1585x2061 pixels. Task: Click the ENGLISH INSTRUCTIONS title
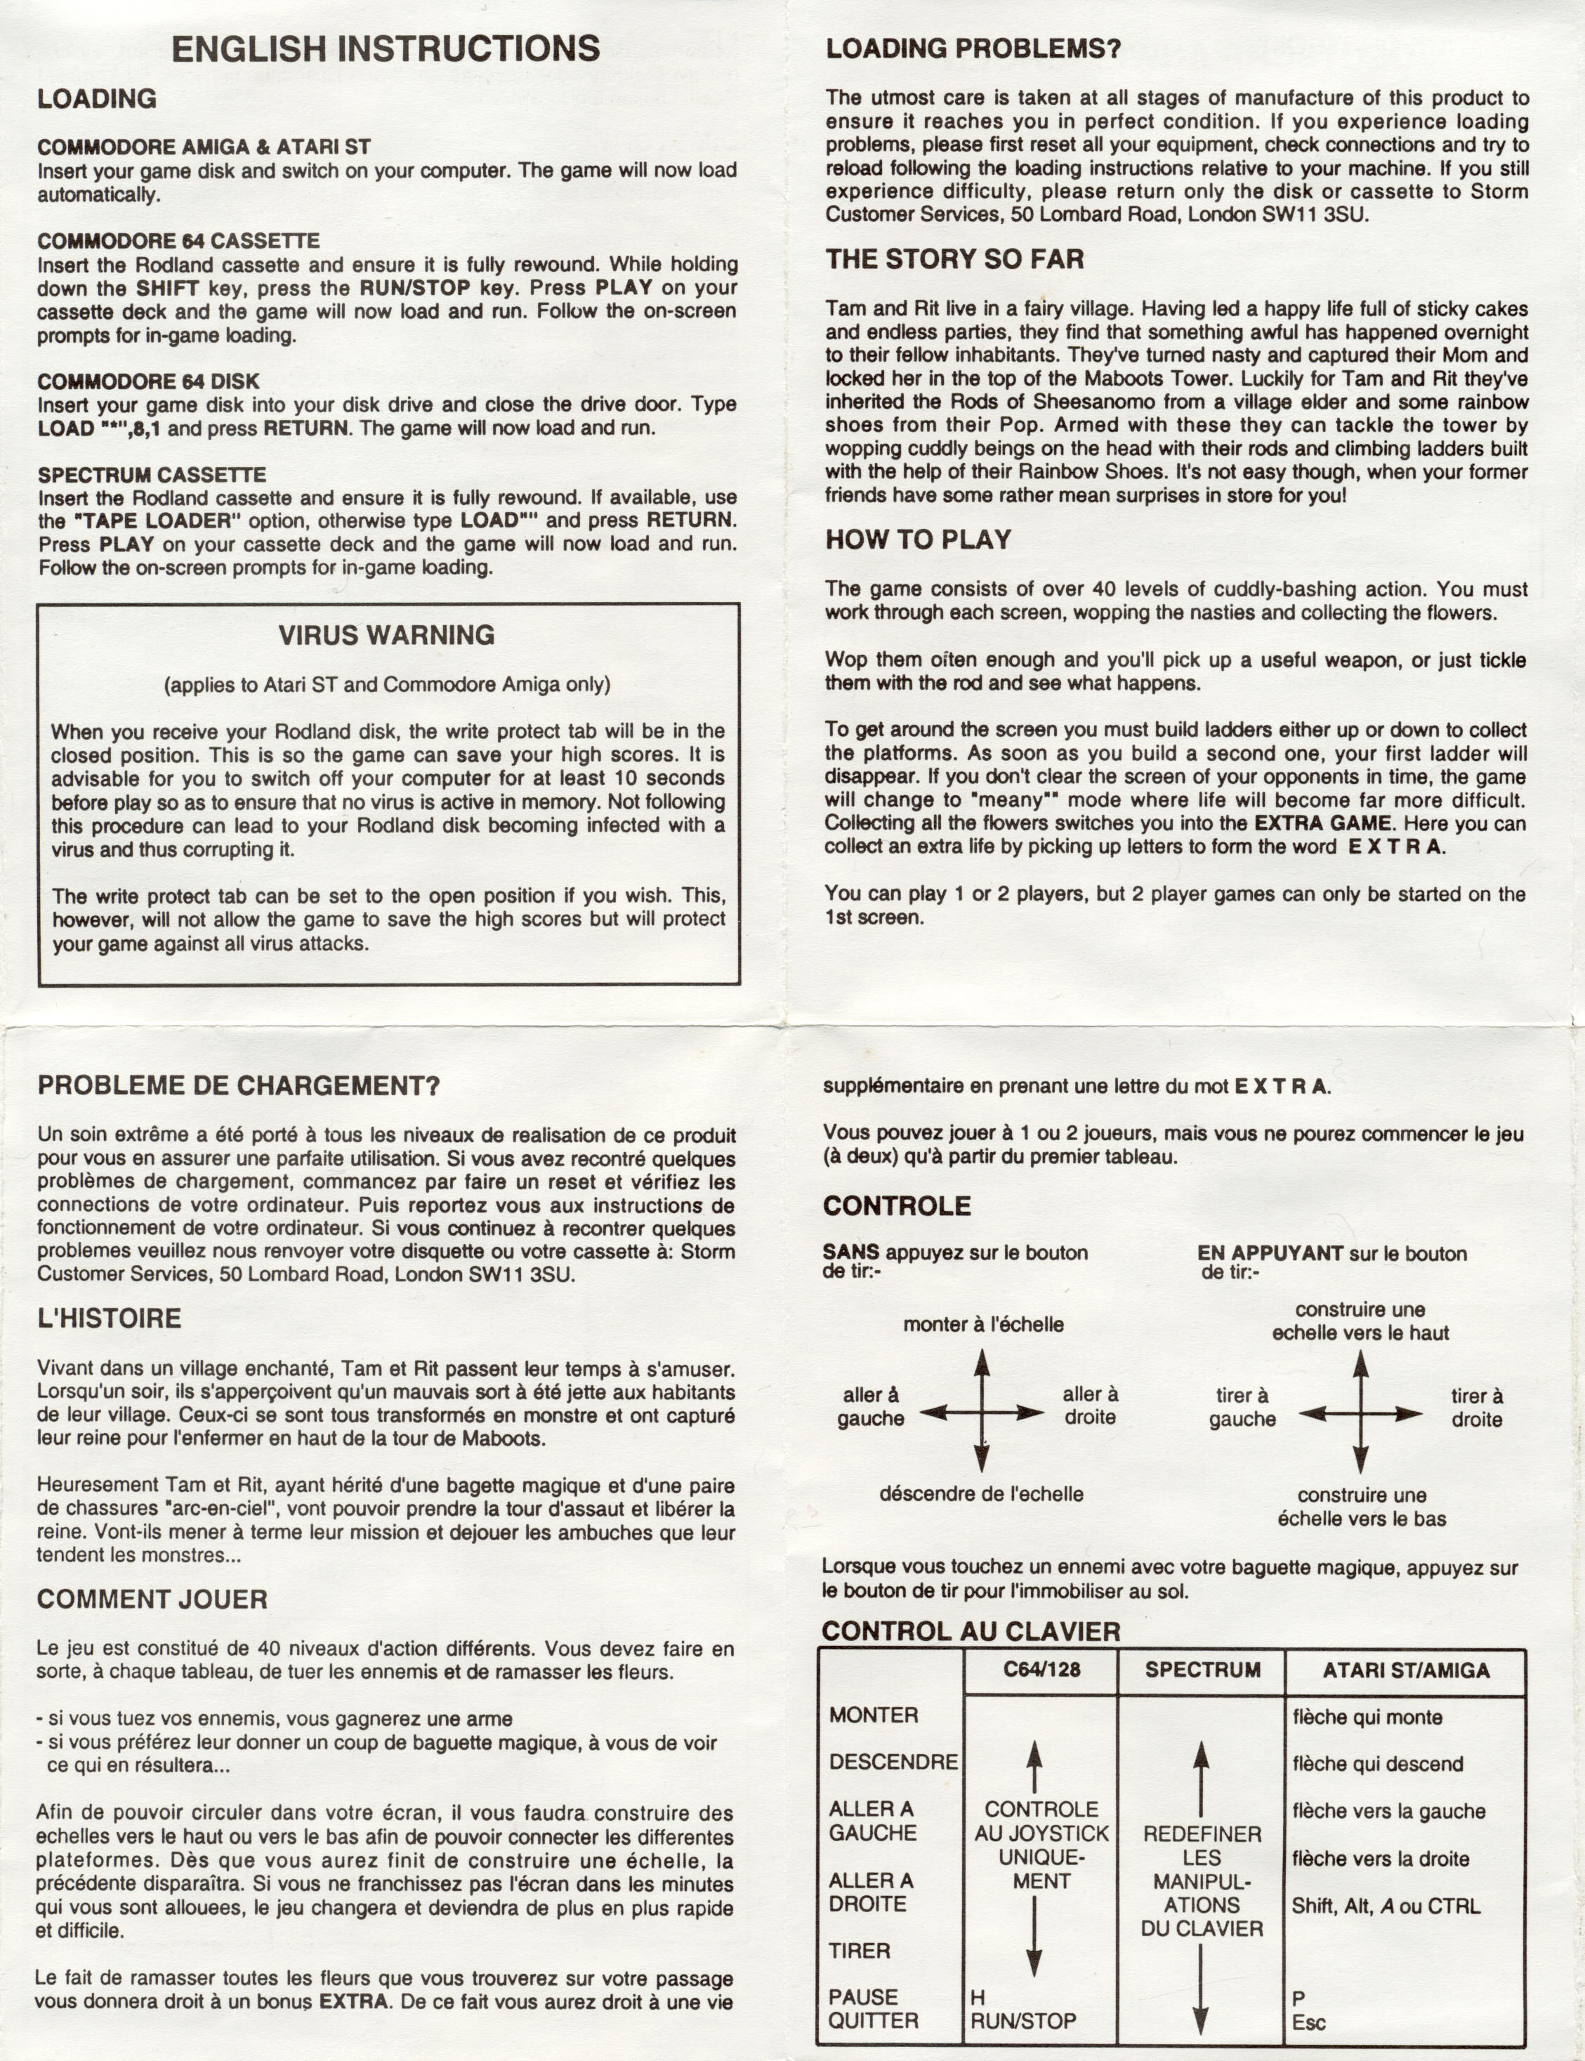(385, 49)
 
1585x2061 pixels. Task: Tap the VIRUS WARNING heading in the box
(387, 635)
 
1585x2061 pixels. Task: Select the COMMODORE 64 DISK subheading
(148, 381)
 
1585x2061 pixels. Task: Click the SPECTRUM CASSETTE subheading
(152, 475)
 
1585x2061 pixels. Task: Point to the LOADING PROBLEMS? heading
(973, 49)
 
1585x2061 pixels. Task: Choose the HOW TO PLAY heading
(918, 539)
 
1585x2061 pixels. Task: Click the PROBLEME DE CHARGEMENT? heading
(239, 1085)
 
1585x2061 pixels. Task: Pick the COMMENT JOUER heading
(152, 1599)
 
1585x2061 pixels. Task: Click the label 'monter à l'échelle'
(983, 1325)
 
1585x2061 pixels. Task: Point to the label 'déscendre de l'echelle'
(981, 1494)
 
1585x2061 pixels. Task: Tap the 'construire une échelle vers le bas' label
(1362, 1507)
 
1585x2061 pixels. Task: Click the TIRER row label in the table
(860, 1951)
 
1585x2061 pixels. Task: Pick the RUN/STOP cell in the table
(1022, 2022)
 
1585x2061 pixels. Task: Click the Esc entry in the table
(1308, 2022)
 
